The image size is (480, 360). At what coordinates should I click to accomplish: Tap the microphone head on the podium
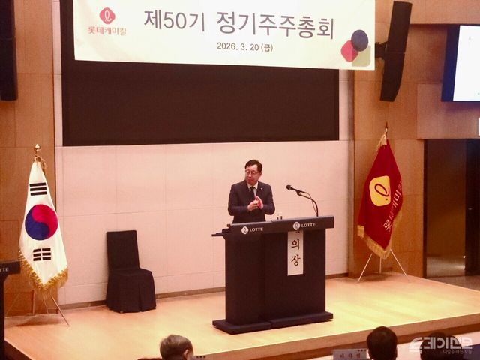(289, 187)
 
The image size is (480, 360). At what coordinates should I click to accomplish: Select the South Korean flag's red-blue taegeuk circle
(41, 222)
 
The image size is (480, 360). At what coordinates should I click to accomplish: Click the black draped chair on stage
(129, 271)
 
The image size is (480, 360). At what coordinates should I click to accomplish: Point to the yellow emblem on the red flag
(380, 192)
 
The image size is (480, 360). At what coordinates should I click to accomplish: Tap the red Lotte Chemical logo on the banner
(107, 16)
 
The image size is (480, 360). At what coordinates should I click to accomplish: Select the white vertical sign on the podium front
(295, 253)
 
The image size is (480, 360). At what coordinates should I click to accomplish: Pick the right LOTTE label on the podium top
(304, 225)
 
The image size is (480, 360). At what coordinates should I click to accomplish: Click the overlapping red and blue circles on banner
(355, 45)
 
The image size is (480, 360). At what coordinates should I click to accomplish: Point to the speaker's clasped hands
(255, 202)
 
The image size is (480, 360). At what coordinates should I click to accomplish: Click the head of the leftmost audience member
(175, 347)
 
